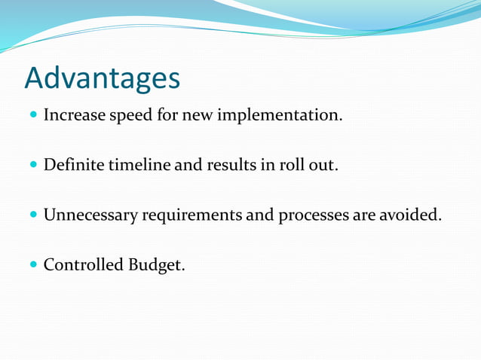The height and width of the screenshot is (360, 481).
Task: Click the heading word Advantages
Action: click(x=103, y=78)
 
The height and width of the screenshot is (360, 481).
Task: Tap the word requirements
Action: click(x=192, y=216)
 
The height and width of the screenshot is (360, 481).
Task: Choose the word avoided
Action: click(x=409, y=215)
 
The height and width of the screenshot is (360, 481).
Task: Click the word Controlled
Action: click(x=78, y=264)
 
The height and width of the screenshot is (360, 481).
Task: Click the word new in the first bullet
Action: click(x=198, y=117)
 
